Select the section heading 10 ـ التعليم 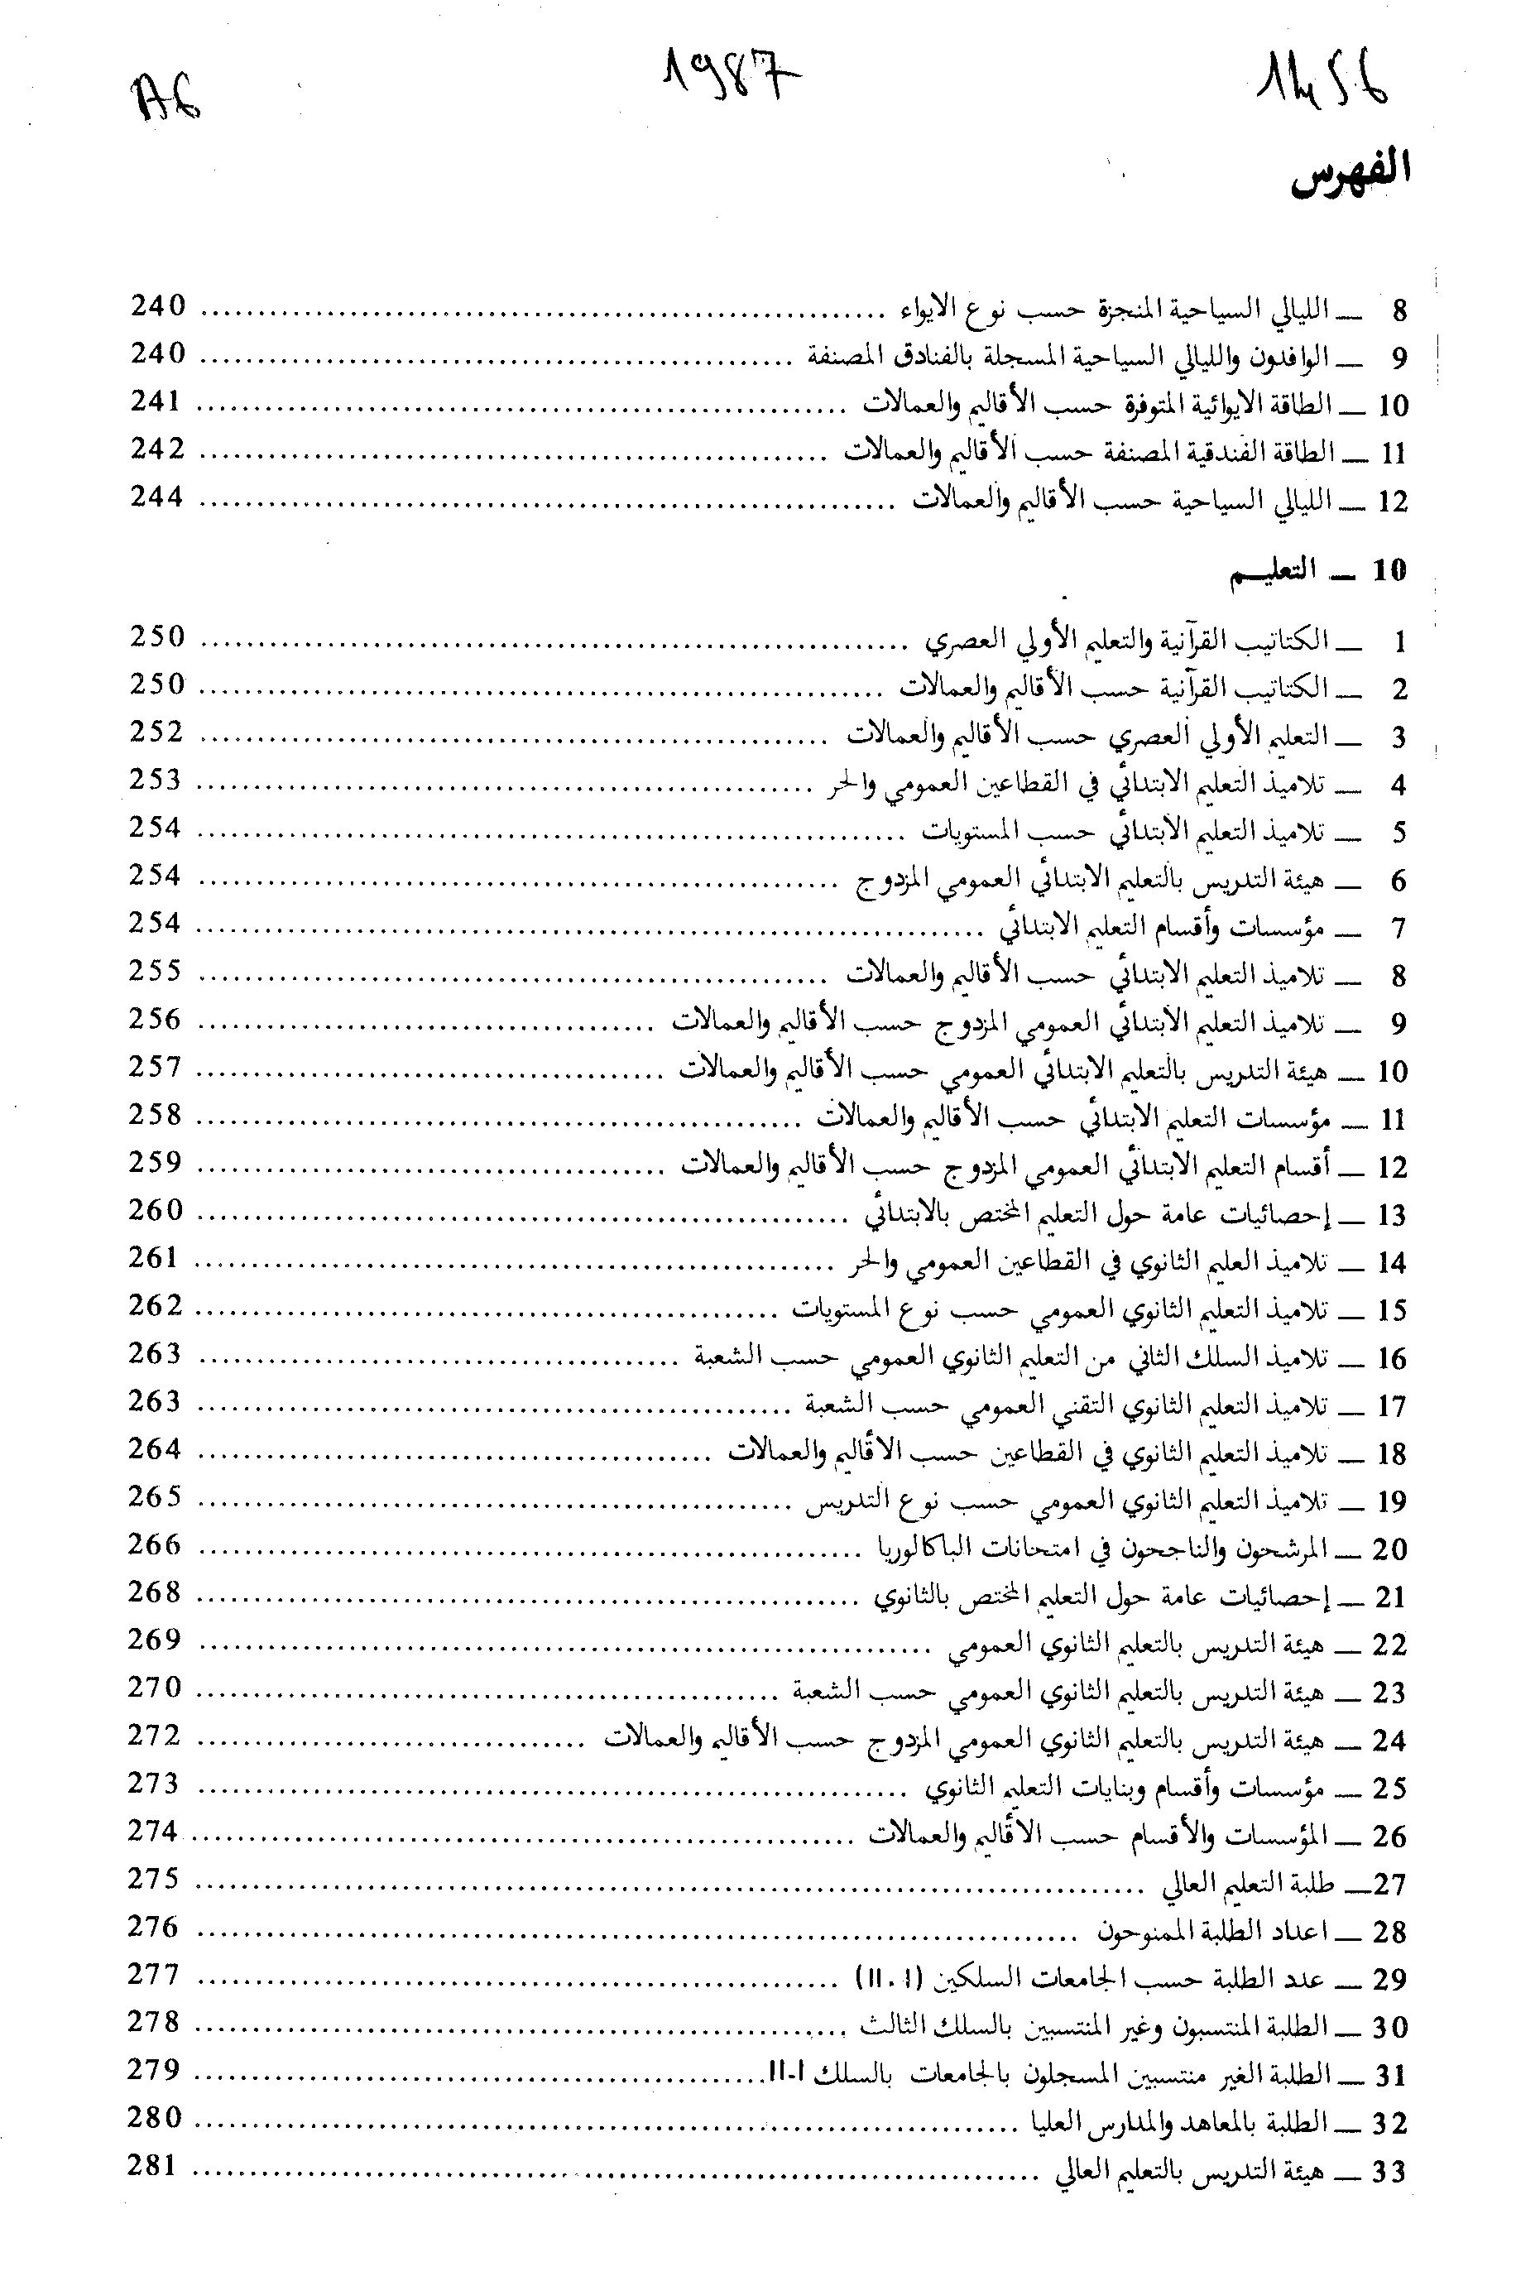1318,572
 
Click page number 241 157,401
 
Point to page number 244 157,497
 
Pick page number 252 157,732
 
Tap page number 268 156,1592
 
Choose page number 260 156,1210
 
